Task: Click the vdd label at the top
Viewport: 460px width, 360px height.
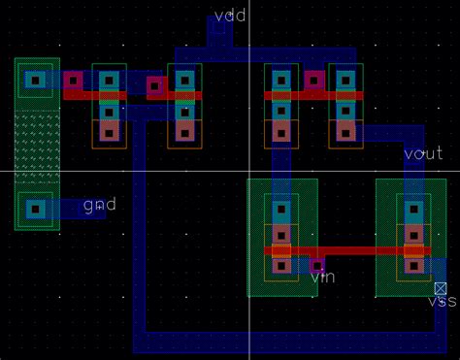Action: (x=229, y=16)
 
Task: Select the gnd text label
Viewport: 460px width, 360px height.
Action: (x=99, y=206)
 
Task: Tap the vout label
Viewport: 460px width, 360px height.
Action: (x=423, y=154)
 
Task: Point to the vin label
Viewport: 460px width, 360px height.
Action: (x=322, y=278)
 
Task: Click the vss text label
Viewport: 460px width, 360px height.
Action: (x=442, y=302)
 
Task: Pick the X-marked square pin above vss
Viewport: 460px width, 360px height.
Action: (x=441, y=288)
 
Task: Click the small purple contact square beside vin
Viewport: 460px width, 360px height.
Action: (x=316, y=263)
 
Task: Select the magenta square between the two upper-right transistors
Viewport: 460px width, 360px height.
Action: (x=313, y=81)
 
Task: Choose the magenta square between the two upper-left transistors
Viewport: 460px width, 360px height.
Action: (x=155, y=85)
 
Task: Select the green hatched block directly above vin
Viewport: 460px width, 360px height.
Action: (x=282, y=209)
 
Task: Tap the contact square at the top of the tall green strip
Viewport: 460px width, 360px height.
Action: (x=37, y=81)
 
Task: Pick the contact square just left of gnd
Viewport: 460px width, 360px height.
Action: (x=37, y=208)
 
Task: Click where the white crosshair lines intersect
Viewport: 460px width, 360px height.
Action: (x=249, y=172)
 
